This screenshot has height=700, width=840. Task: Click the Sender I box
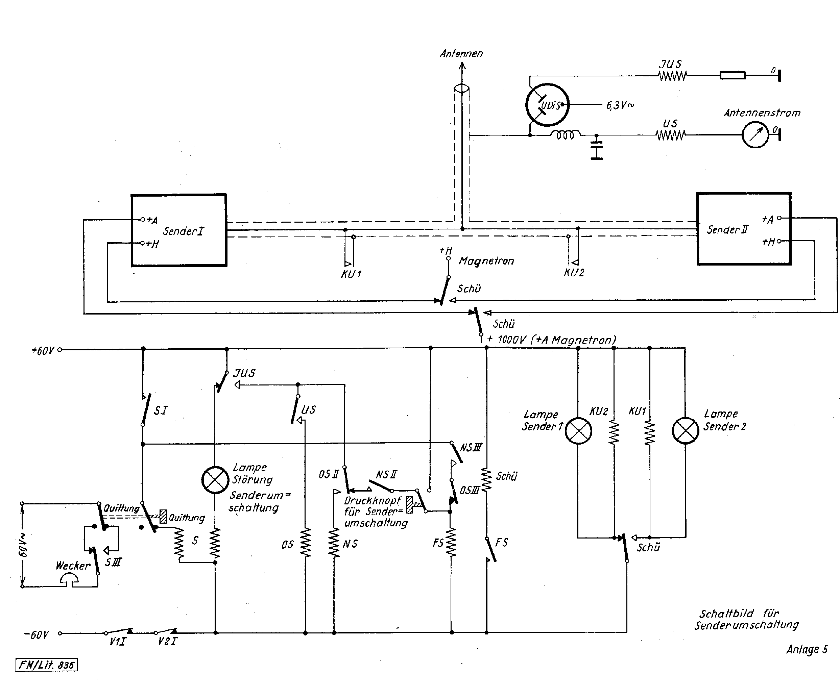pos(179,231)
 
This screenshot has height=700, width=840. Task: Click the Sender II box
pos(744,229)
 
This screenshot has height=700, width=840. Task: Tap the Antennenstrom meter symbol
pos(755,135)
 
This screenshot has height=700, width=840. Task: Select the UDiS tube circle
pos(547,105)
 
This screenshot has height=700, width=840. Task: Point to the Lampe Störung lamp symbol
pos(215,480)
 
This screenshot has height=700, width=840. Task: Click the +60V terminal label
pos(42,351)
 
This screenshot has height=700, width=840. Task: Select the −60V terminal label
pos(37,635)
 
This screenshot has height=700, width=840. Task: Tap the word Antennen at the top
pos(461,54)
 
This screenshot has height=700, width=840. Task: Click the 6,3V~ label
pos(620,105)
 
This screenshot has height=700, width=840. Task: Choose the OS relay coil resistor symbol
pos(305,543)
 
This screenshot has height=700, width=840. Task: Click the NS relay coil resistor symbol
pos(334,543)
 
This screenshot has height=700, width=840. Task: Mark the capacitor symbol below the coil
pos(596,148)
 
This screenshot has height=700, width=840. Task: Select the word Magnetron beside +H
pos(486,261)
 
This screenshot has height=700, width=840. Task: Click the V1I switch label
pos(118,642)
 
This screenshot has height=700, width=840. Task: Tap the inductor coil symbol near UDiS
pos(565,135)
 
